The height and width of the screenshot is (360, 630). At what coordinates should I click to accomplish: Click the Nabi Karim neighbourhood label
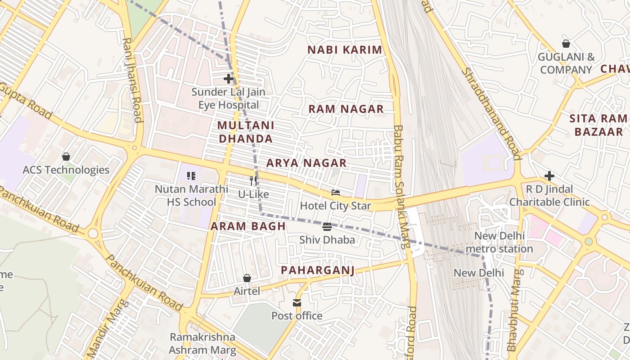(345, 50)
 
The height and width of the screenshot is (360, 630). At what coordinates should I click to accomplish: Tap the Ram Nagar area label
(346, 109)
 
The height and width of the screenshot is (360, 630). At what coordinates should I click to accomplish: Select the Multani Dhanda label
(246, 132)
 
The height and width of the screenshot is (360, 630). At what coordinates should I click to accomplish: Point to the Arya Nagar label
(306, 163)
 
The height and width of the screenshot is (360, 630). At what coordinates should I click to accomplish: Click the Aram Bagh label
(248, 226)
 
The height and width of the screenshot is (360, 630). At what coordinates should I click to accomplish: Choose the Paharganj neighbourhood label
(318, 270)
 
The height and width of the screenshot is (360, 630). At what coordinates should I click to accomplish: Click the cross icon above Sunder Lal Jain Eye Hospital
(229, 79)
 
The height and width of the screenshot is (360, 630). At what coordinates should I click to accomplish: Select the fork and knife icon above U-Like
(253, 181)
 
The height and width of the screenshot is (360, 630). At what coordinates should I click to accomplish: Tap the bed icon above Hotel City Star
(336, 193)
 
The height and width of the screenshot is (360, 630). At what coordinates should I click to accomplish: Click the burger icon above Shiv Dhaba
(327, 226)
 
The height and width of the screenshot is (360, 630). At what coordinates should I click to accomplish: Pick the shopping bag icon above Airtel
(247, 278)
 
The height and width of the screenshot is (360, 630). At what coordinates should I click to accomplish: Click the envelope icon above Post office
(297, 303)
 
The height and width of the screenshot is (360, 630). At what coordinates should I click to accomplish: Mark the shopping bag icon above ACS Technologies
(66, 157)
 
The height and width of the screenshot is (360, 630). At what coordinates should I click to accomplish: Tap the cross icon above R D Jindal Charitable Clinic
(549, 176)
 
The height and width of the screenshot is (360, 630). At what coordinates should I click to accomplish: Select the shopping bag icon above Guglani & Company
(566, 44)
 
